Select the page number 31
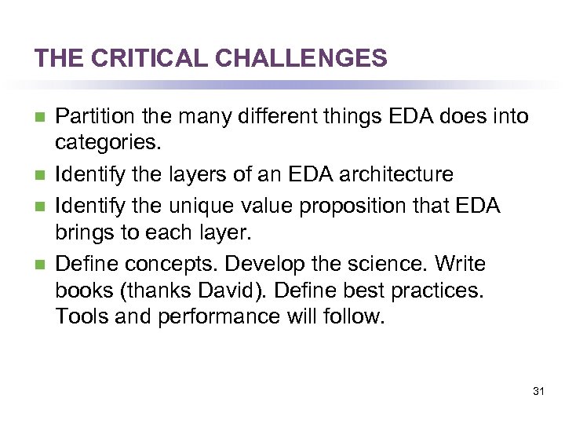click(x=538, y=391)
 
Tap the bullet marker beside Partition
click(x=39, y=118)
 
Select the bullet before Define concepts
click(x=39, y=265)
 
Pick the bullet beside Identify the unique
click(x=39, y=206)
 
